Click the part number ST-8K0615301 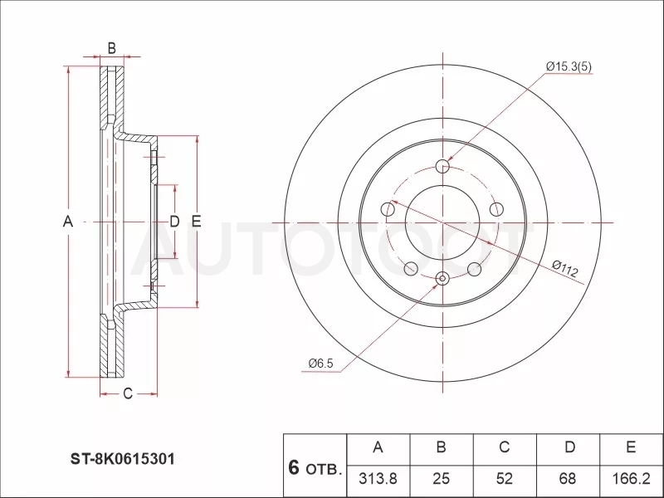(122, 459)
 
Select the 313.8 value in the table (378, 479)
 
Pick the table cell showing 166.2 (631, 479)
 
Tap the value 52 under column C (505, 479)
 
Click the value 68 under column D (568, 479)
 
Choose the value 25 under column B (441, 479)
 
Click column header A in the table (378, 447)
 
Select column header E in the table (631, 447)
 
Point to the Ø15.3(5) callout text (569, 66)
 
